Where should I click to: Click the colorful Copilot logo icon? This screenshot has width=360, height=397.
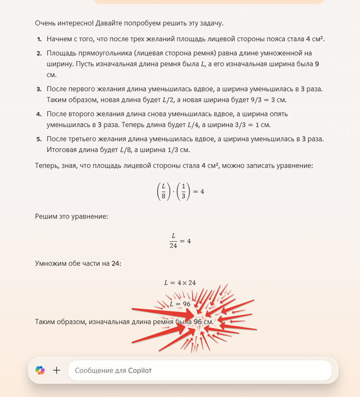click(x=40, y=370)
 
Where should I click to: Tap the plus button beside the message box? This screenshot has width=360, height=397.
click(x=57, y=370)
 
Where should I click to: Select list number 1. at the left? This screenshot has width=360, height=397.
click(x=40, y=39)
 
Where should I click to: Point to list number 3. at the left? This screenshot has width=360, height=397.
click(x=40, y=89)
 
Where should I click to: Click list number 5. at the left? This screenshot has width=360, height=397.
click(x=40, y=139)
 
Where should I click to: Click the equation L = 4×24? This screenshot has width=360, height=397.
click(x=179, y=282)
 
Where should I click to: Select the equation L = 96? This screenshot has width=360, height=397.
click(x=180, y=304)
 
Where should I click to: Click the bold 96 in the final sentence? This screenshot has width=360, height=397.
click(x=198, y=322)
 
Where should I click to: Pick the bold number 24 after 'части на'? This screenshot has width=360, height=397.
click(x=116, y=263)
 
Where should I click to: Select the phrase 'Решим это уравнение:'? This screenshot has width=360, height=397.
click(x=71, y=217)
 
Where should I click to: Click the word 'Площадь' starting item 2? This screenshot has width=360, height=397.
click(x=62, y=53)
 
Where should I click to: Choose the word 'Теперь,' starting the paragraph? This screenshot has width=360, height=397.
click(x=48, y=166)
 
